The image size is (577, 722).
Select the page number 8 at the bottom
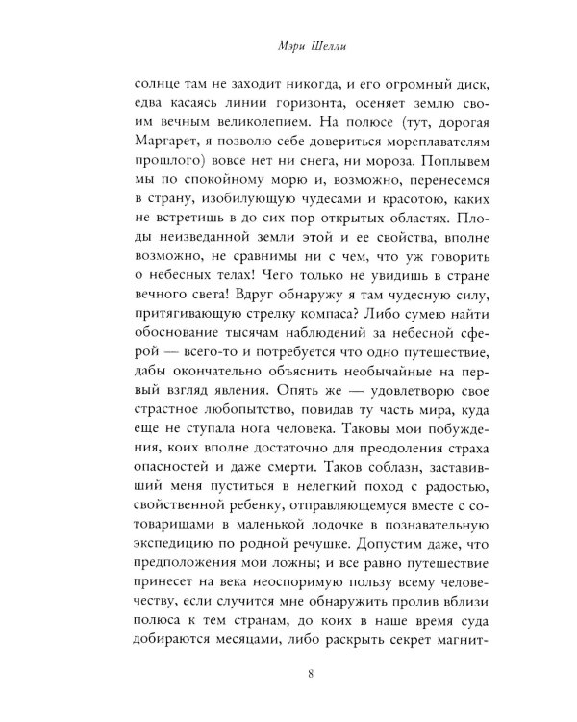288,674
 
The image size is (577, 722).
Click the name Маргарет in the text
156,145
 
